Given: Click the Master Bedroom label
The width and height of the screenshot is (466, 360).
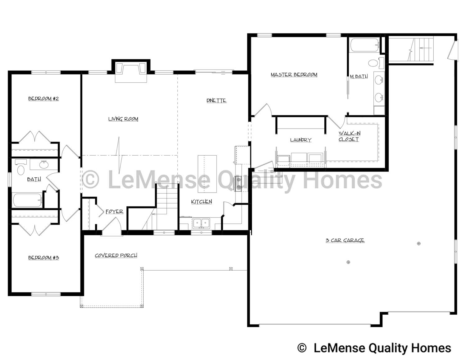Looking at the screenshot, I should [294, 75].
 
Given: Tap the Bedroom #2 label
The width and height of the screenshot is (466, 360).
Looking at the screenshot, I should [43, 99].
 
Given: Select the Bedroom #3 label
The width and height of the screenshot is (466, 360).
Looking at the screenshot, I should [43, 257].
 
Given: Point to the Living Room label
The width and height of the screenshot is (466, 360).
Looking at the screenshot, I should [123, 119].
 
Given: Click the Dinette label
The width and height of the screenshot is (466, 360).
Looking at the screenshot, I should [216, 101].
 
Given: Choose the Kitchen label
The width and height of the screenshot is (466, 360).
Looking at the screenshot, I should [202, 202].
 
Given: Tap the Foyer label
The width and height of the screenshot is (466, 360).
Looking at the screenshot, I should [114, 212].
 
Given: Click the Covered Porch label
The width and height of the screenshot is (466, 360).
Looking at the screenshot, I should [116, 255].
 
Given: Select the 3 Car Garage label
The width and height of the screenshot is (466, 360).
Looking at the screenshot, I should [345, 240].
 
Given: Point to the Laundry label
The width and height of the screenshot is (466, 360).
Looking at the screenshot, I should [300, 140].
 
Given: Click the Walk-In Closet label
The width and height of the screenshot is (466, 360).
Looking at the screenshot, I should [349, 136].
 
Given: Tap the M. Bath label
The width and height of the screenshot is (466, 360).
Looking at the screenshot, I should [359, 76].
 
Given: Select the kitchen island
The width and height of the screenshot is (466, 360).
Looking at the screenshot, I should [207, 174].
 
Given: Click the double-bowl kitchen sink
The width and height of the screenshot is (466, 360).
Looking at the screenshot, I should [201, 223].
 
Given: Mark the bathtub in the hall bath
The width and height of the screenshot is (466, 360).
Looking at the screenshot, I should [27, 200].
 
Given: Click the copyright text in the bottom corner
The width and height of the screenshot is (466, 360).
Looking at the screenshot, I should [374, 348].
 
